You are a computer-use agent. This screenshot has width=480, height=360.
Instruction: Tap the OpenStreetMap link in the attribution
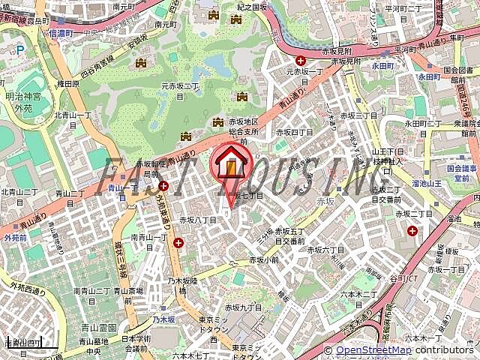(x=372, y=349)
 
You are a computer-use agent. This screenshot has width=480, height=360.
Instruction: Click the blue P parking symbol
(x=20, y=50)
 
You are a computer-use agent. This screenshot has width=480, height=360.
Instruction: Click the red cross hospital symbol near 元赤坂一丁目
(x=300, y=60)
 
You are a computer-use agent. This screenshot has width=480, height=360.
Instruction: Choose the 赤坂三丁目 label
(x=360, y=115)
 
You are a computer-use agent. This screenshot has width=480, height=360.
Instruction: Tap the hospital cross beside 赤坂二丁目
(x=412, y=230)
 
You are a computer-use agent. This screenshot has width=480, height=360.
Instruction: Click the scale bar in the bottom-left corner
(x=23, y=344)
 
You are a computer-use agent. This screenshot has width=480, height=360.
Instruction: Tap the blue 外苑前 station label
(x=15, y=237)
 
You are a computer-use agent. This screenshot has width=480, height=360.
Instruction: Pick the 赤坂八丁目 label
(x=197, y=220)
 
